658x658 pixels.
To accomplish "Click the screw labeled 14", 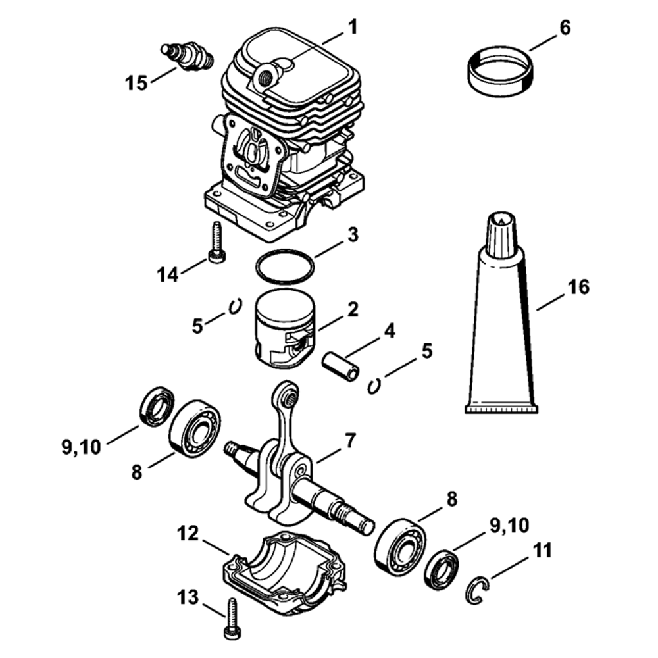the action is [x=216, y=243].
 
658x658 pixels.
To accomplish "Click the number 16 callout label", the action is [x=578, y=288].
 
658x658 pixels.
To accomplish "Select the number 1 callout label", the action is [x=353, y=28].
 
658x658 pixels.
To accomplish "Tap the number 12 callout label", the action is [x=188, y=534].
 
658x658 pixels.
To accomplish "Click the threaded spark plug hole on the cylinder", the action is [x=265, y=77].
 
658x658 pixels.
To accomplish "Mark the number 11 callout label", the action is [x=542, y=550].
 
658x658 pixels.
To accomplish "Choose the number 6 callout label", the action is [x=565, y=28].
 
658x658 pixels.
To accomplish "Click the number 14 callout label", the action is [x=168, y=275].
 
